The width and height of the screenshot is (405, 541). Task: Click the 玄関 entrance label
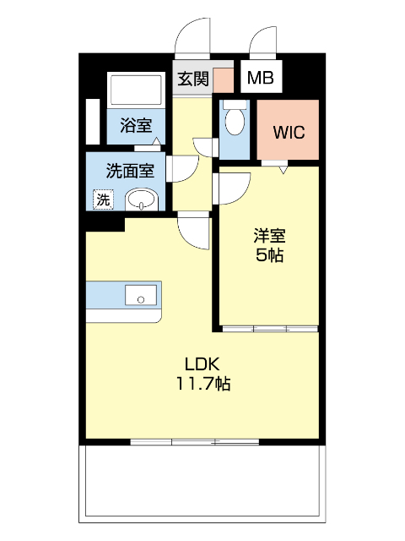[192, 79]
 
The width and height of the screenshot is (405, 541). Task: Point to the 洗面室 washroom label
[129, 170]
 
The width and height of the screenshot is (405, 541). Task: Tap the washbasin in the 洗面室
[141, 200]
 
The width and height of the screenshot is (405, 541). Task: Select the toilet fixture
[235, 120]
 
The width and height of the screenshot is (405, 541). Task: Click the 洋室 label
[269, 235]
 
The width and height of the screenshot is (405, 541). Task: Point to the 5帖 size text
[269, 254]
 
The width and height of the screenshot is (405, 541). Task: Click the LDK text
[202, 364]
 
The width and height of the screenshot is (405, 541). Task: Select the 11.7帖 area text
[202, 385]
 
